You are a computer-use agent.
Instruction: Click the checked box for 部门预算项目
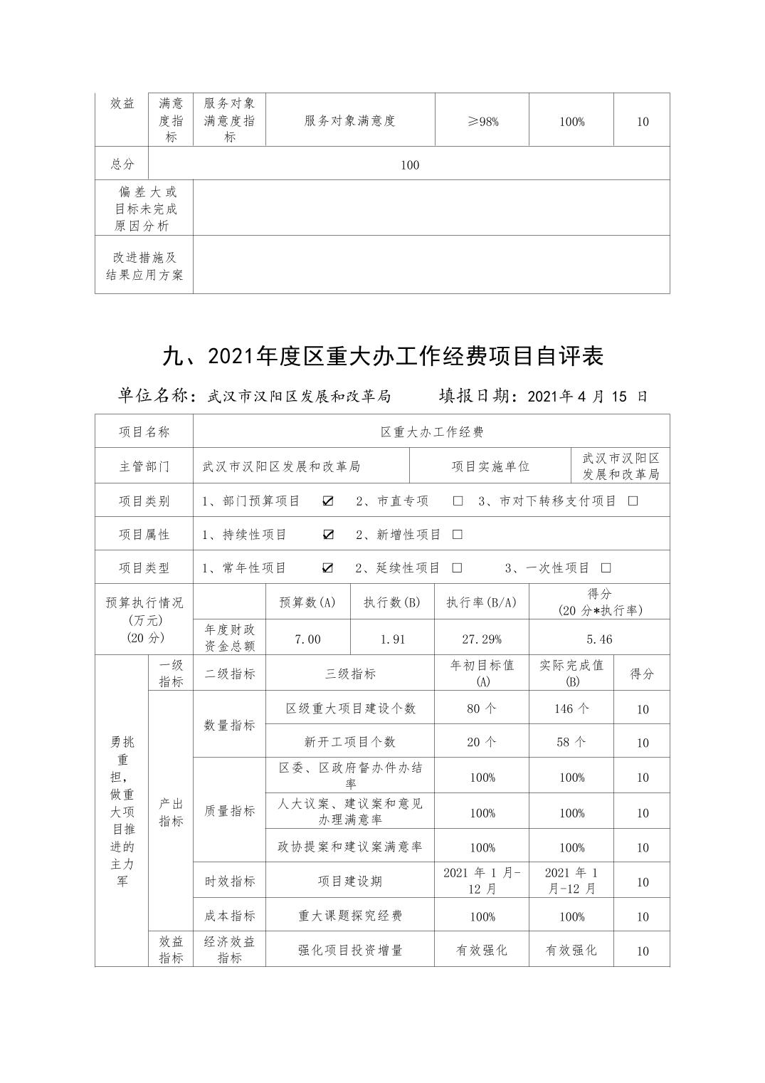327,501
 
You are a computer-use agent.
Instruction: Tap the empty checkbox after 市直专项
458,501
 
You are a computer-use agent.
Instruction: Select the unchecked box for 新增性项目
458,535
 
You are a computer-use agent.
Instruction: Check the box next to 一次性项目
606,568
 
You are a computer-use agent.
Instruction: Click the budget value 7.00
307,639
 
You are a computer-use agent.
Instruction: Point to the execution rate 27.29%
482,639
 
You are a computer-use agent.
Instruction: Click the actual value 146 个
571,708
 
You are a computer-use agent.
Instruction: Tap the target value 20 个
482,742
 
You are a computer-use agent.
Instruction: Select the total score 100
410,165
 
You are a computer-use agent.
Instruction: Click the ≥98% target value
482,122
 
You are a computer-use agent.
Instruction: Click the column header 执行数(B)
392,602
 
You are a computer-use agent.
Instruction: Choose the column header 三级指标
350,674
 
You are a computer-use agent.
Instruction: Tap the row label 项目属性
144,535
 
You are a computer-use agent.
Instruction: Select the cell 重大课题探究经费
350,916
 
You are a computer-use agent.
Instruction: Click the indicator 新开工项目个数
350,742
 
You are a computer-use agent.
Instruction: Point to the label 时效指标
229,881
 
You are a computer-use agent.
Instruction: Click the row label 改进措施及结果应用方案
144,266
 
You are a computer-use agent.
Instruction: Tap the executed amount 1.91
392,639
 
